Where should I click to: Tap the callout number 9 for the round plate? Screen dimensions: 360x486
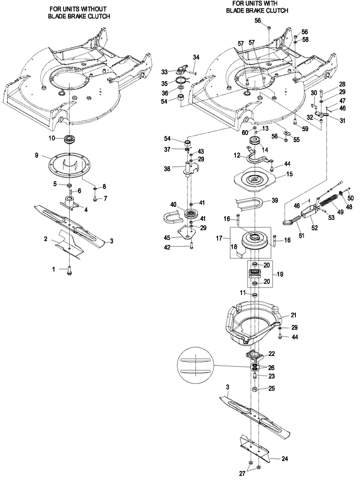tap(36, 155)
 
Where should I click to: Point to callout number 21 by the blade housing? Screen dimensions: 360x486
tap(294, 315)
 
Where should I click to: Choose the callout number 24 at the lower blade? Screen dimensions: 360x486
tap(285, 458)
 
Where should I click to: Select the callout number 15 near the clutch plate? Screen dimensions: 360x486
tap(289, 175)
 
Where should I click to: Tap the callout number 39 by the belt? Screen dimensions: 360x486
tap(275, 200)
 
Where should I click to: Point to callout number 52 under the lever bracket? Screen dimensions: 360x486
tap(314, 228)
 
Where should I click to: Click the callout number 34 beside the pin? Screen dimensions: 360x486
tap(196, 57)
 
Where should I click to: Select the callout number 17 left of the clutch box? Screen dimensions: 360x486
tap(219, 238)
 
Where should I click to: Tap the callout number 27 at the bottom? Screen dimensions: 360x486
tap(243, 473)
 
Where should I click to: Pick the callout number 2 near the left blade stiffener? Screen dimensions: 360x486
tap(46, 239)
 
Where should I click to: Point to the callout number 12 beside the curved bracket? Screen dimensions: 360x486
tap(237, 155)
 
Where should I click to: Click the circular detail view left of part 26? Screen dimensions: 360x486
tap(195, 367)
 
